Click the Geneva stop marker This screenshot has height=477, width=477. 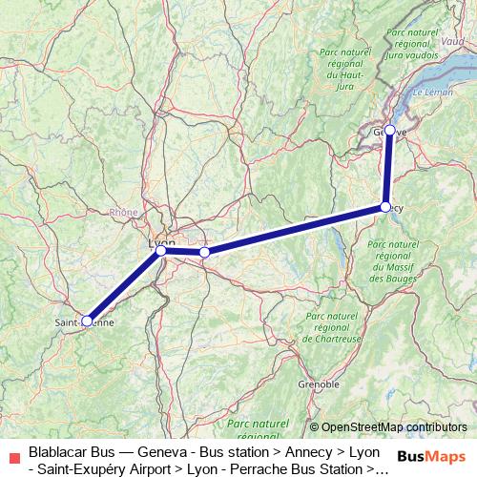(x=389, y=130)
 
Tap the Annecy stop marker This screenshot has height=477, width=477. (x=385, y=206)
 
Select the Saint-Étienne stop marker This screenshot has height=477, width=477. (x=87, y=321)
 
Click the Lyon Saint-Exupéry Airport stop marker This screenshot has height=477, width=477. (x=204, y=253)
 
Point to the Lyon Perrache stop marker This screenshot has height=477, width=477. (x=160, y=251)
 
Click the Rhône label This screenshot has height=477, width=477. (x=123, y=213)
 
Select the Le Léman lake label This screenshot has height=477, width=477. (x=435, y=93)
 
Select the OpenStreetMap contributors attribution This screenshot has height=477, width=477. (x=388, y=426)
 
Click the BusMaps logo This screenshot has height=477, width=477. (x=431, y=456)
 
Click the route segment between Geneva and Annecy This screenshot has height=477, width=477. (x=387, y=168)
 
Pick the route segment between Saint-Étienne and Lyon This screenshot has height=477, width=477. (x=124, y=286)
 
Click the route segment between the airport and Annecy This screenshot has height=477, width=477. (x=295, y=229)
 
